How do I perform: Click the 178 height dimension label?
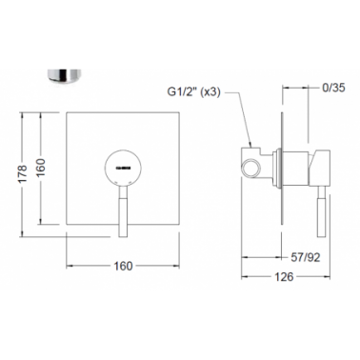pyautogui.click(x=23, y=173)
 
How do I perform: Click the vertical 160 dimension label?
pyautogui.click(x=41, y=168)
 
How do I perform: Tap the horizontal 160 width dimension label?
pyautogui.click(x=123, y=266)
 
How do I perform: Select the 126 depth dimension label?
pyautogui.click(x=284, y=277)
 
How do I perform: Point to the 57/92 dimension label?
pyautogui.click(x=306, y=257)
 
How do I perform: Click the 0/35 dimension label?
pyautogui.click(x=333, y=88)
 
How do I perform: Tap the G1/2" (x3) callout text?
pyautogui.click(x=193, y=92)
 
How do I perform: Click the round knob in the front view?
pyautogui.click(x=124, y=167)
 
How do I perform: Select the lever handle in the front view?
pyautogui.click(x=124, y=211)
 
